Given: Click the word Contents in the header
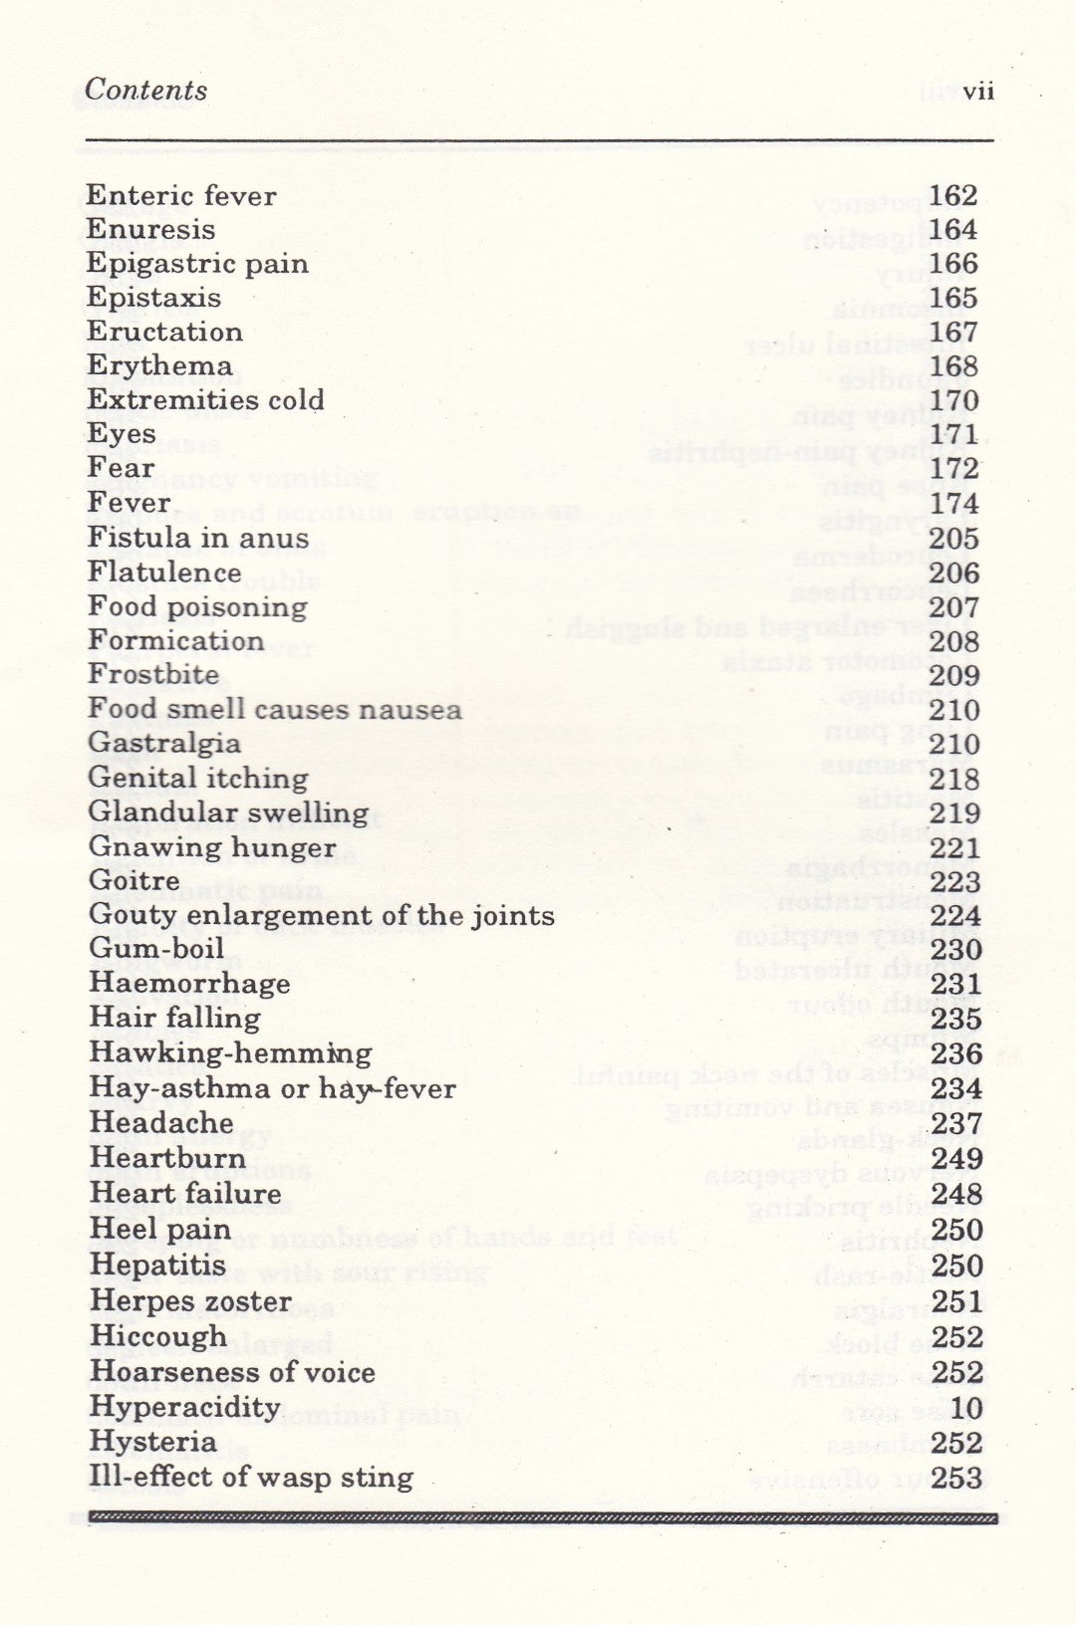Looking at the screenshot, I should [146, 90].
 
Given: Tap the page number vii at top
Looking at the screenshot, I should [978, 92].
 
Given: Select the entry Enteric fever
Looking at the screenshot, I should [181, 195].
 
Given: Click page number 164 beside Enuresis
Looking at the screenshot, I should [953, 230].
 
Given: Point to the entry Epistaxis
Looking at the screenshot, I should [153, 298].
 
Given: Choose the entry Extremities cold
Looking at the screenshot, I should [205, 400].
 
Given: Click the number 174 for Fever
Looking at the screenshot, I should [953, 503].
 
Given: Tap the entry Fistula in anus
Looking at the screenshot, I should [198, 538].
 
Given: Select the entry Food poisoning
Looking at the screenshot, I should [197, 606].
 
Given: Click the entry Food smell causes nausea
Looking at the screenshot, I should [275, 709].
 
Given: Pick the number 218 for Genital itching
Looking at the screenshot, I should [954, 779].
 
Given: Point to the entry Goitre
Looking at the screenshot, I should [134, 881].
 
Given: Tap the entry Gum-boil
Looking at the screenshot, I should [157, 949].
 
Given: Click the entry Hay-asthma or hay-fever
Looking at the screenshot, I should [272, 1088].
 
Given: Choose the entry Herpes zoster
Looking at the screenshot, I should [190, 1301].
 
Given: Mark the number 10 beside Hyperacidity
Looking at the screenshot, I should [966, 1408].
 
